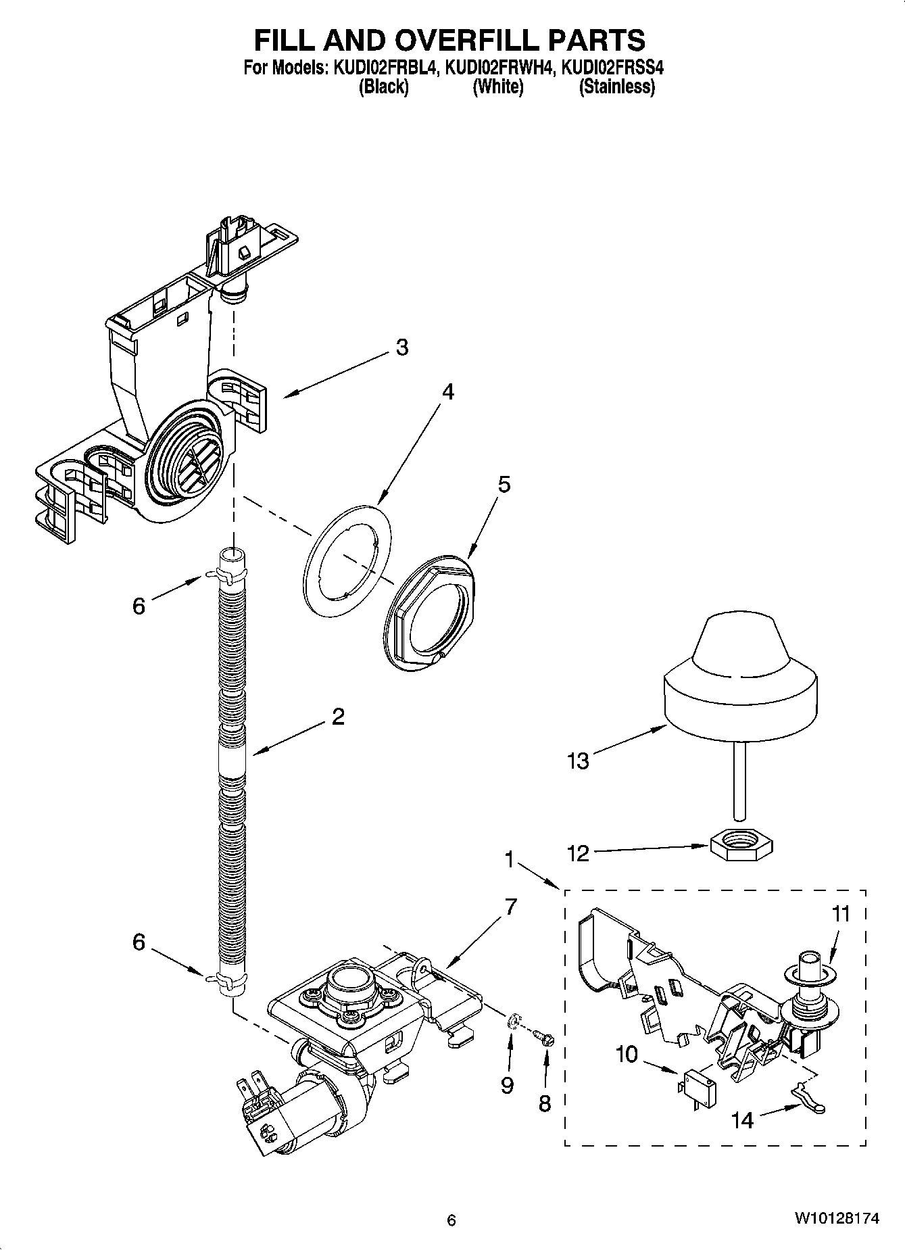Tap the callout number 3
tap(401, 347)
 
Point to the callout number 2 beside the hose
tap(338, 717)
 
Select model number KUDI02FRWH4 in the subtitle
tap(499, 68)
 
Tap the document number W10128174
tap(836, 1219)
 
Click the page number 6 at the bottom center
tap(451, 1220)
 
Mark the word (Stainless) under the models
tap(616, 87)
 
